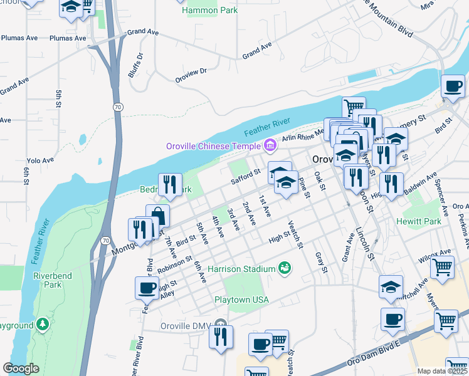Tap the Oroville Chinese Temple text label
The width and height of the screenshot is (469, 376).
213,146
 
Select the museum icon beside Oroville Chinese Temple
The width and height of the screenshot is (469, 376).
271,146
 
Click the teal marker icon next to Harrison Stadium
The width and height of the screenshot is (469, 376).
285,268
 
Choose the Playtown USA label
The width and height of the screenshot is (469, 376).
241,300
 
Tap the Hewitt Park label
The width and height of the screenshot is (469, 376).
418,221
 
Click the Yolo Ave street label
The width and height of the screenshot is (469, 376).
40,161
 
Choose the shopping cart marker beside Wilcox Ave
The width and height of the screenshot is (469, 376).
443,268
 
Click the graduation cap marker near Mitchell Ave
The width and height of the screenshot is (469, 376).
391,286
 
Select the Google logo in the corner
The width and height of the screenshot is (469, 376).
20,368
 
